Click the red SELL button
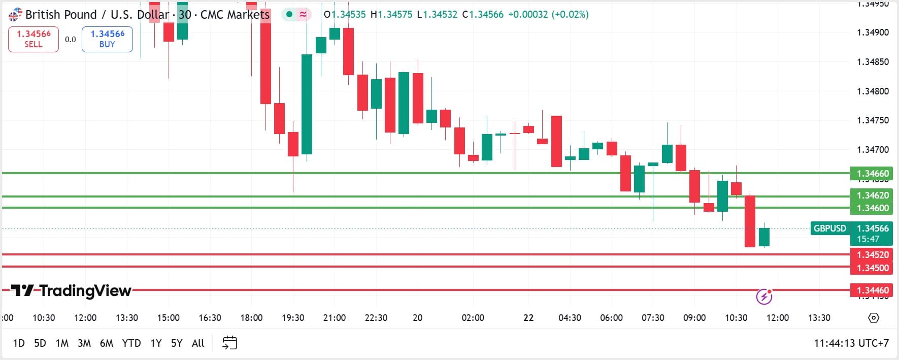[34, 39]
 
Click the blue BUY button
[107, 39]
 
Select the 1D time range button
[19, 343]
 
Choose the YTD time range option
[131, 343]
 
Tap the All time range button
[198, 343]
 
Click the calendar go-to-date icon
[230, 343]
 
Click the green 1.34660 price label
[872, 174]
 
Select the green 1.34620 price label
[872, 195]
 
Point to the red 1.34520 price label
[872, 255]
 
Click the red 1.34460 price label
[872, 290]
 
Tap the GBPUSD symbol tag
[830, 228]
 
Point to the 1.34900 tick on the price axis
[873, 32]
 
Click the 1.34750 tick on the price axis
[873, 120]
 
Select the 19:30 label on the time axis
[293, 318]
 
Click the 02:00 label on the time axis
[473, 318]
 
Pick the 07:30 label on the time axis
[653, 318]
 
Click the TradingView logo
[72, 290]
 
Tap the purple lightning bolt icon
[764, 296]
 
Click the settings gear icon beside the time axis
[874, 318]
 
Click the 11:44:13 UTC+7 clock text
[851, 343]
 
